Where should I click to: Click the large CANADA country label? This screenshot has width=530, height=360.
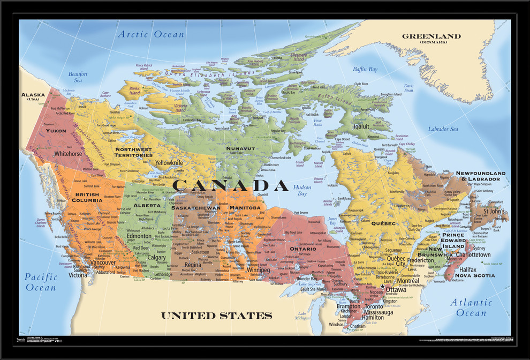pos(231,185)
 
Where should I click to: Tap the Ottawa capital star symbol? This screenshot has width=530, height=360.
pos(382,287)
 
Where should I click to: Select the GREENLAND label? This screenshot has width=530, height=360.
pos(431,36)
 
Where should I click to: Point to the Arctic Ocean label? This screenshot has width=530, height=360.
pos(151,34)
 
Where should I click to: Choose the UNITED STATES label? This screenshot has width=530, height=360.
pos(216,316)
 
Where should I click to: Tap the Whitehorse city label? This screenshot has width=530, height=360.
pos(69,154)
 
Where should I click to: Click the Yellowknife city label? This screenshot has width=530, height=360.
pos(169,162)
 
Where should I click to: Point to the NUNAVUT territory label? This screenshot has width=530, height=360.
pos(240,148)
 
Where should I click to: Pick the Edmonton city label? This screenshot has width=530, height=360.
pos(139,236)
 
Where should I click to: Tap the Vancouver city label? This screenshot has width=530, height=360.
pos(103,262)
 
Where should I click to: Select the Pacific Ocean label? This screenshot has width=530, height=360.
pos(41,282)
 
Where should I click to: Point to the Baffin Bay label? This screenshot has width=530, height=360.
pos(365,70)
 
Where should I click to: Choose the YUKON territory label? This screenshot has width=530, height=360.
pos(56,131)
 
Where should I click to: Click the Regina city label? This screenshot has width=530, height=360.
pos(193,265)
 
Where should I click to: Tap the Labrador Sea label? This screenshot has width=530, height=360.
pos(443,129)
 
